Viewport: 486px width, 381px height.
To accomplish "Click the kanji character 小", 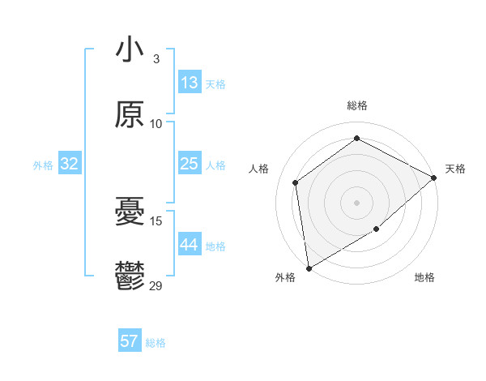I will (130, 49).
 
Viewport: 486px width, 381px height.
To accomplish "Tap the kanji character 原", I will (130, 115).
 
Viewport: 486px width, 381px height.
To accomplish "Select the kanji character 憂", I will (130, 212).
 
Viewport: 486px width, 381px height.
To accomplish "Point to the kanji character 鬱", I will (130, 277).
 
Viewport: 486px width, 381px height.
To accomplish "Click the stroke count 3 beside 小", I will (156, 58).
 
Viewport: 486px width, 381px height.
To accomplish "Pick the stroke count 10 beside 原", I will (156, 123).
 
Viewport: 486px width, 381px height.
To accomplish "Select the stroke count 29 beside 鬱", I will (156, 285).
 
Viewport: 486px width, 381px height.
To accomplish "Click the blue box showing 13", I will (190, 83).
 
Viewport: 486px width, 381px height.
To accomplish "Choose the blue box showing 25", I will (190, 164).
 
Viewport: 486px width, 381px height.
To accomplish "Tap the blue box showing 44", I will (190, 245).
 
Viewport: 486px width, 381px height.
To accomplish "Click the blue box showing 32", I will (70, 164).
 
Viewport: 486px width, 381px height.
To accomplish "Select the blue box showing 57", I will (130, 341).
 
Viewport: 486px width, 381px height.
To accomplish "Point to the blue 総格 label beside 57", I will (156, 343).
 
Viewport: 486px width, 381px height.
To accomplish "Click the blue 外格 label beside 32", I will (43, 165).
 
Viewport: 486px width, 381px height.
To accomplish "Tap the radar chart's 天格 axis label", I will (455, 169).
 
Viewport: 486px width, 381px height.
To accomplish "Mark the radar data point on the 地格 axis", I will (377, 230).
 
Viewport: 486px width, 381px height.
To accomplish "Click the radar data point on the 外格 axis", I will (309, 268).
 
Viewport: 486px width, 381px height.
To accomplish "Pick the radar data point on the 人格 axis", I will (296, 182).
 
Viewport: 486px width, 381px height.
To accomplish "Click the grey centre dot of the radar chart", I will (356, 202).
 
